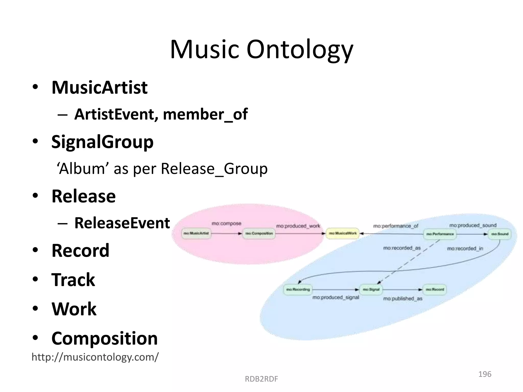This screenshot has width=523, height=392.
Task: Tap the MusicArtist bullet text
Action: pyautogui.click(x=100, y=88)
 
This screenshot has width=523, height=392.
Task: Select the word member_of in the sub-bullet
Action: pyautogui.click(x=205, y=114)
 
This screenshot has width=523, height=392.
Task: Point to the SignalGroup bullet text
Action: pyautogui.click(x=102, y=142)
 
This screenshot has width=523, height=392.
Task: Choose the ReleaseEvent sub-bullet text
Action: pyautogui.click(x=122, y=223)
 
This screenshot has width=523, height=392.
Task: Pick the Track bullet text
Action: pyautogui.click(x=73, y=280)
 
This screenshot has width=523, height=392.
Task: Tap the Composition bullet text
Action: pyautogui.click(x=104, y=338)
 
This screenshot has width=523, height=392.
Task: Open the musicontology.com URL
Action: pyautogui.click(x=95, y=357)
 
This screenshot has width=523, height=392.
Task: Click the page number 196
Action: pyautogui.click(x=485, y=374)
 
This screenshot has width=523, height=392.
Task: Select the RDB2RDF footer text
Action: pyautogui.click(x=261, y=379)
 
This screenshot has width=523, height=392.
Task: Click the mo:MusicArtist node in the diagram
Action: pyautogui.click(x=196, y=233)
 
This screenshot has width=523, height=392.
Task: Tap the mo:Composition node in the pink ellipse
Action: pyautogui.click(x=259, y=233)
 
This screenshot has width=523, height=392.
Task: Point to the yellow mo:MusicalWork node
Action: pyautogui.click(x=343, y=233)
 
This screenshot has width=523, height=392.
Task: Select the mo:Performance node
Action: pyautogui.click(x=440, y=234)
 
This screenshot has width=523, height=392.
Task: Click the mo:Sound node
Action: pyautogui.click(x=500, y=234)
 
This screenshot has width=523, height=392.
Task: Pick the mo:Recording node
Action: pyautogui.click(x=298, y=289)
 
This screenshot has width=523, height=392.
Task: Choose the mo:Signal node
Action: pyautogui.click(x=371, y=289)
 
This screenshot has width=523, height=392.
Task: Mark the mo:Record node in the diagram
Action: pyautogui.click(x=435, y=289)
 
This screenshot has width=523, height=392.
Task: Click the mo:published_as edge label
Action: pyautogui.click(x=403, y=299)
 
